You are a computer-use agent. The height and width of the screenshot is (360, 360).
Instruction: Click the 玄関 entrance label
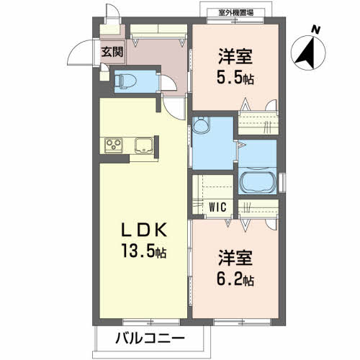[x=112, y=52]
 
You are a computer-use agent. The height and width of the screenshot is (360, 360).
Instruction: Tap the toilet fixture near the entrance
[x=125, y=81]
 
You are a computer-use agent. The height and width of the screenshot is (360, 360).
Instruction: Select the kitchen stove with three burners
[x=114, y=145]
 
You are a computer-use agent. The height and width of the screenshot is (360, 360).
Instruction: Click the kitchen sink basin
[x=144, y=145]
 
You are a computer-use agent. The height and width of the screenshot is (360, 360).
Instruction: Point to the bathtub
[x=257, y=182]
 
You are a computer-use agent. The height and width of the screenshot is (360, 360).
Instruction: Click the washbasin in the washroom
[x=201, y=125]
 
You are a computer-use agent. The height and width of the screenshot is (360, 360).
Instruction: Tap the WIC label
[x=217, y=207]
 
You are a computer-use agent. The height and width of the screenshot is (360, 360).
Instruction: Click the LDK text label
[x=144, y=230]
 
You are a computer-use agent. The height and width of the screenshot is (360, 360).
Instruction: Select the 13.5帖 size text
[x=144, y=251]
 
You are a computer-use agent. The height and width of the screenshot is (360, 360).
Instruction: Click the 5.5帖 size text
[x=235, y=78]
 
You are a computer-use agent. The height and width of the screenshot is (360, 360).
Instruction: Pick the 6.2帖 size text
[x=235, y=279]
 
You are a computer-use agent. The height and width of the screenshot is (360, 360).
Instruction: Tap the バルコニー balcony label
[x=150, y=338]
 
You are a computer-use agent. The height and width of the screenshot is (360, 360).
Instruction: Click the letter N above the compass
[x=315, y=30]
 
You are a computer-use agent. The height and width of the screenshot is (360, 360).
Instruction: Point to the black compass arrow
[x=306, y=53]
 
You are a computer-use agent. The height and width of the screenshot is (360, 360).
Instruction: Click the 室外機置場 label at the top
[x=236, y=12]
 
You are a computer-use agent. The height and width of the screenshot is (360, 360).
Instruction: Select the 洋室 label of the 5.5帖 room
[x=235, y=56]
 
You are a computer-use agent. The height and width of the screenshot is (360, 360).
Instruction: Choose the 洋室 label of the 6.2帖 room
[x=235, y=258]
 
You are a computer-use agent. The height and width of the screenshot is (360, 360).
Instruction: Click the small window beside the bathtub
[x=283, y=181]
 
